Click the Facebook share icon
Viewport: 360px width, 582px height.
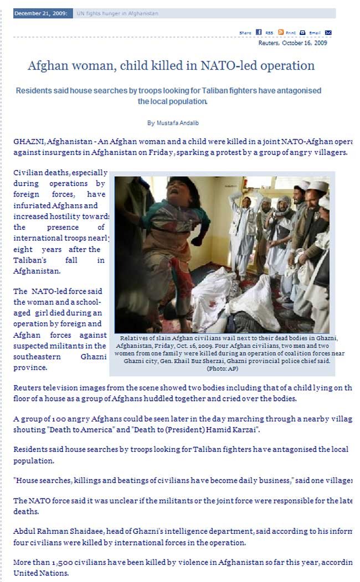[x=259, y=32]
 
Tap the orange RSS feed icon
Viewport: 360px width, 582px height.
[x=281, y=32]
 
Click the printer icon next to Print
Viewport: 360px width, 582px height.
[x=302, y=32]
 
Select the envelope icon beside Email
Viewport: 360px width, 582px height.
[x=328, y=32]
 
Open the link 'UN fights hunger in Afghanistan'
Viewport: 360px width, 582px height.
[x=117, y=13]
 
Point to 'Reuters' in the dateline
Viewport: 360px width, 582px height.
[x=269, y=43]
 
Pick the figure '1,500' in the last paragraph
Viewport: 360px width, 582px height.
[x=73, y=562]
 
